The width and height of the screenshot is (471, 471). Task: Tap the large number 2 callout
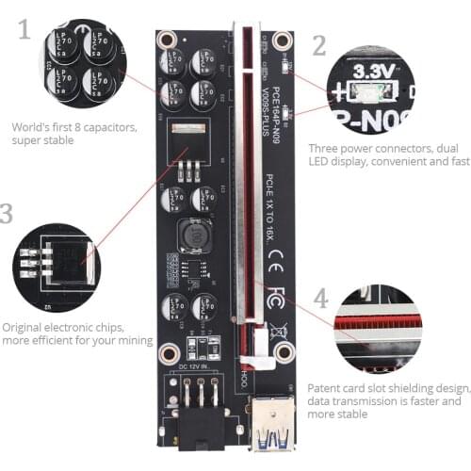pos(319,45)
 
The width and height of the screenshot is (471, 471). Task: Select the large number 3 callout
pos(8,213)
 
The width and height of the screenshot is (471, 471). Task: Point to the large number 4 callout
pos(320,300)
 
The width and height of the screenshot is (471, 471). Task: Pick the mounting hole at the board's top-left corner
pos(169,41)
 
